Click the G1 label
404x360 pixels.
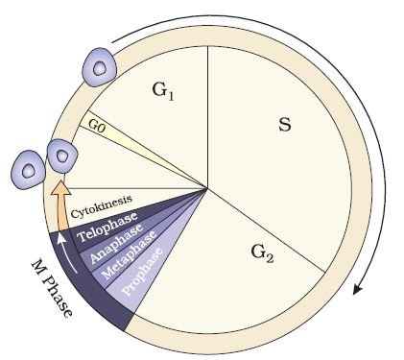pos(163,91)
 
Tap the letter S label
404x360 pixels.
pos(285,125)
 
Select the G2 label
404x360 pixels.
pos(262,253)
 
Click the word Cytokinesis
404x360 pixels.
pos(101,206)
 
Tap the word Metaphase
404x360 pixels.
pos(129,254)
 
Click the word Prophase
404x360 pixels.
pos(143,272)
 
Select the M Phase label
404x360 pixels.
pos(51,288)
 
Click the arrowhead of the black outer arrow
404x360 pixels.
pos(359,287)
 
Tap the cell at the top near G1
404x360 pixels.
pos(99,67)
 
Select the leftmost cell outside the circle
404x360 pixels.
pos(28,170)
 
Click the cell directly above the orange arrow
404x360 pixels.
pos(62,156)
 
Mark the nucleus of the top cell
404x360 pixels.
pos(100,68)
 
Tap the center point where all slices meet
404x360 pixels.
pos(208,188)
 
